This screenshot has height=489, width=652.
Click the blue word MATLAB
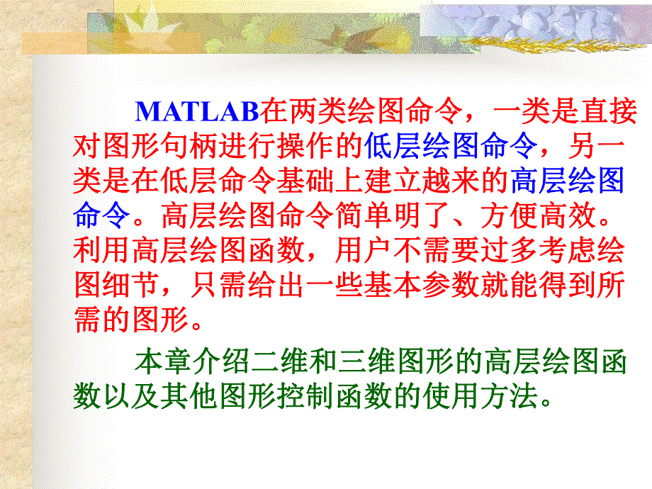(198, 112)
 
